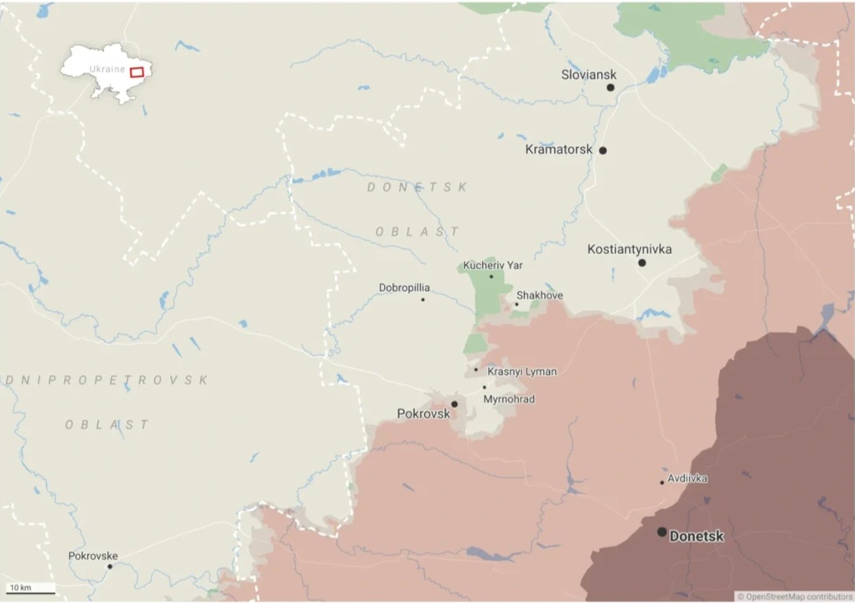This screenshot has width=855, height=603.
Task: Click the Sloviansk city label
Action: pyautogui.click(x=588, y=75)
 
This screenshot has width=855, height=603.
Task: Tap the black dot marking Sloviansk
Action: pyautogui.click(x=610, y=87)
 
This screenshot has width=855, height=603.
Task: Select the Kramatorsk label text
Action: pyautogui.click(x=558, y=150)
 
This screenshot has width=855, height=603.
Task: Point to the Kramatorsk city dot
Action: pyautogui.click(x=602, y=151)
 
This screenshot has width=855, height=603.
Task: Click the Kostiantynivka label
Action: pyautogui.click(x=630, y=249)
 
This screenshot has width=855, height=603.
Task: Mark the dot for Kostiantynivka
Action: pyautogui.click(x=641, y=263)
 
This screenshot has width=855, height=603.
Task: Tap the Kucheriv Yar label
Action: pyautogui.click(x=492, y=265)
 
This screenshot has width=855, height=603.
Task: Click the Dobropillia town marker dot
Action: pyautogui.click(x=422, y=299)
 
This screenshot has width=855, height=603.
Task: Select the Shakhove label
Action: pyautogui.click(x=539, y=295)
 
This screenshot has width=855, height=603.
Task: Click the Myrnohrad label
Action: pyautogui.click(x=509, y=399)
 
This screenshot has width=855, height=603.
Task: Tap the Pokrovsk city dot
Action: pyautogui.click(x=454, y=404)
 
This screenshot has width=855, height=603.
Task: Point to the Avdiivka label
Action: pyautogui.click(x=687, y=478)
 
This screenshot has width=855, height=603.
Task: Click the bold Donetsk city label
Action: pyautogui.click(x=697, y=536)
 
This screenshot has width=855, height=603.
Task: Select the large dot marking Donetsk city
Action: pyautogui.click(x=662, y=532)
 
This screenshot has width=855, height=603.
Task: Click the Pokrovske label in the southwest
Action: pyautogui.click(x=93, y=556)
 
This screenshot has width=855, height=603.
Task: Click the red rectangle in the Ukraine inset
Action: pyautogui.click(x=137, y=71)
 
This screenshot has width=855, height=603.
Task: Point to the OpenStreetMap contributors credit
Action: pyautogui.click(x=795, y=596)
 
